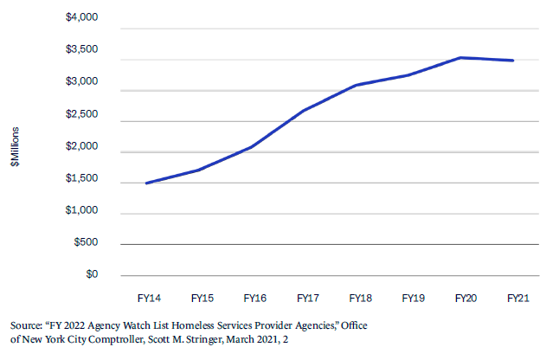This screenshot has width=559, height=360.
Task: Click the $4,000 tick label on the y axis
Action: pyautogui.click(x=82, y=17)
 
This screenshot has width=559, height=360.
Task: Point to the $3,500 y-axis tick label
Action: pyautogui.click(x=82, y=49)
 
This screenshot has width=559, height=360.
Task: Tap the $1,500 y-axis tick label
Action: pyautogui.click(x=82, y=179)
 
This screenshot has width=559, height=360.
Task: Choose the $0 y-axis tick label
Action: pyautogui.click(x=92, y=275)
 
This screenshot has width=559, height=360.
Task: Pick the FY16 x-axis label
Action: pyautogui.click(x=254, y=298)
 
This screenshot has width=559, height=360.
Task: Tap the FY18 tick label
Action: pyautogui.click(x=361, y=298)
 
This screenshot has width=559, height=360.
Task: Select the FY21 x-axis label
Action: pyautogui.click(x=518, y=298)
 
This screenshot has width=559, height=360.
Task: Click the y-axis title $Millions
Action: pyautogui.click(x=16, y=148)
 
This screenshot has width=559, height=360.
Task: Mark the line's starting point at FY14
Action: pyautogui.click(x=147, y=183)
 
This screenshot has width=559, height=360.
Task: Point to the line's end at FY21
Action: pyautogui.click(x=514, y=61)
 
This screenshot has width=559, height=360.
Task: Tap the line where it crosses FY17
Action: pyautogui.click(x=307, y=110)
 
